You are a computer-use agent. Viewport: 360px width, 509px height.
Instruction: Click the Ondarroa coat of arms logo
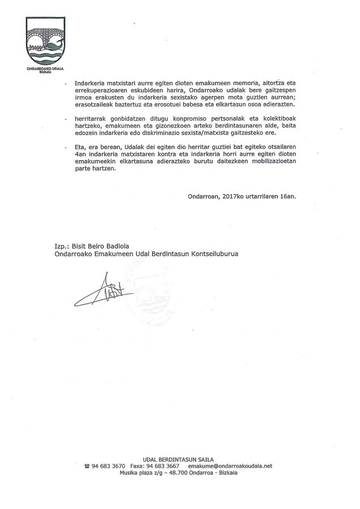[x=45, y=43]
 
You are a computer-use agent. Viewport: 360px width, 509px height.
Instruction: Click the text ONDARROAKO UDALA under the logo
[x=45, y=70]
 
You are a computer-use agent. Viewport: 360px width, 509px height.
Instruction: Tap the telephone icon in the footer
[x=87, y=467]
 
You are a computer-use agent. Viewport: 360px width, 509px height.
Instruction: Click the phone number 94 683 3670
[x=109, y=466]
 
